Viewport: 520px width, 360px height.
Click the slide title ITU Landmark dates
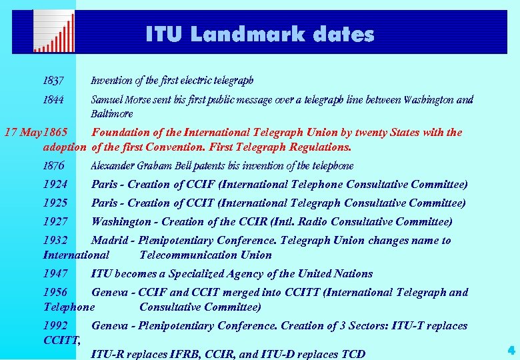coord(260,34)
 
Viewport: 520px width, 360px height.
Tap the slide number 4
coord(511,349)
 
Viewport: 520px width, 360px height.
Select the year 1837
coord(53,81)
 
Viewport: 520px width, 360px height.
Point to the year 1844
coord(53,100)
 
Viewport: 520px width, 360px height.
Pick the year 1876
coord(53,165)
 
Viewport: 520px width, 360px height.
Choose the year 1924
coord(55,184)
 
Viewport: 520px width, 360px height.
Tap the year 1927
coord(55,221)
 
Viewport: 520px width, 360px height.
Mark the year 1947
coord(55,273)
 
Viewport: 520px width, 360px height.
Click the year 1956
coord(55,292)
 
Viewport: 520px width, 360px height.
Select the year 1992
coord(55,325)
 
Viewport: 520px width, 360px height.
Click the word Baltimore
coord(112,114)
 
